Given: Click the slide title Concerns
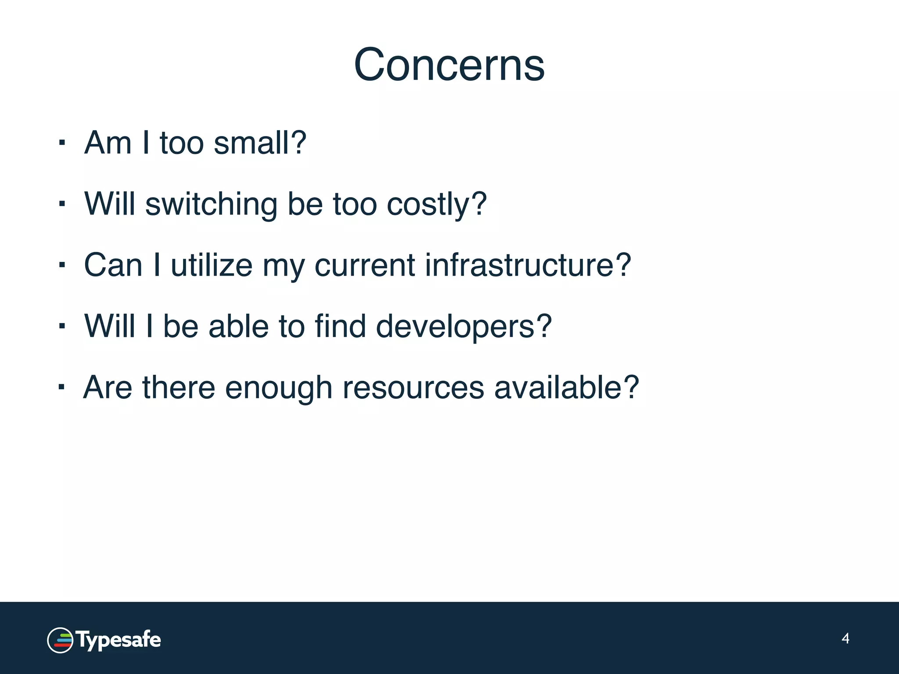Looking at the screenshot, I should coord(449,65).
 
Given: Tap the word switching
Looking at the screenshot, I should coord(211,204).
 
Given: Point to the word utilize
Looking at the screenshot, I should coord(212,265).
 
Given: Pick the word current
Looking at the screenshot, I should coord(365,266).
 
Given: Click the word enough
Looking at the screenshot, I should coord(278,388).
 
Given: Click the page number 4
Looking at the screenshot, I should coord(845,638).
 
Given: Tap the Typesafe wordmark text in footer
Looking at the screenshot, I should coord(119,640).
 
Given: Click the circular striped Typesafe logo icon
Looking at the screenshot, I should coord(60,640).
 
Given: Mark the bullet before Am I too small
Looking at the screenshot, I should coord(62,143).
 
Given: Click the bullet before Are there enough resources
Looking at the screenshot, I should coord(62,387).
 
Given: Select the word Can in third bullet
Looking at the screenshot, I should coord(113,265).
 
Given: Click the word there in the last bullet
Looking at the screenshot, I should coord(178,387).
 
